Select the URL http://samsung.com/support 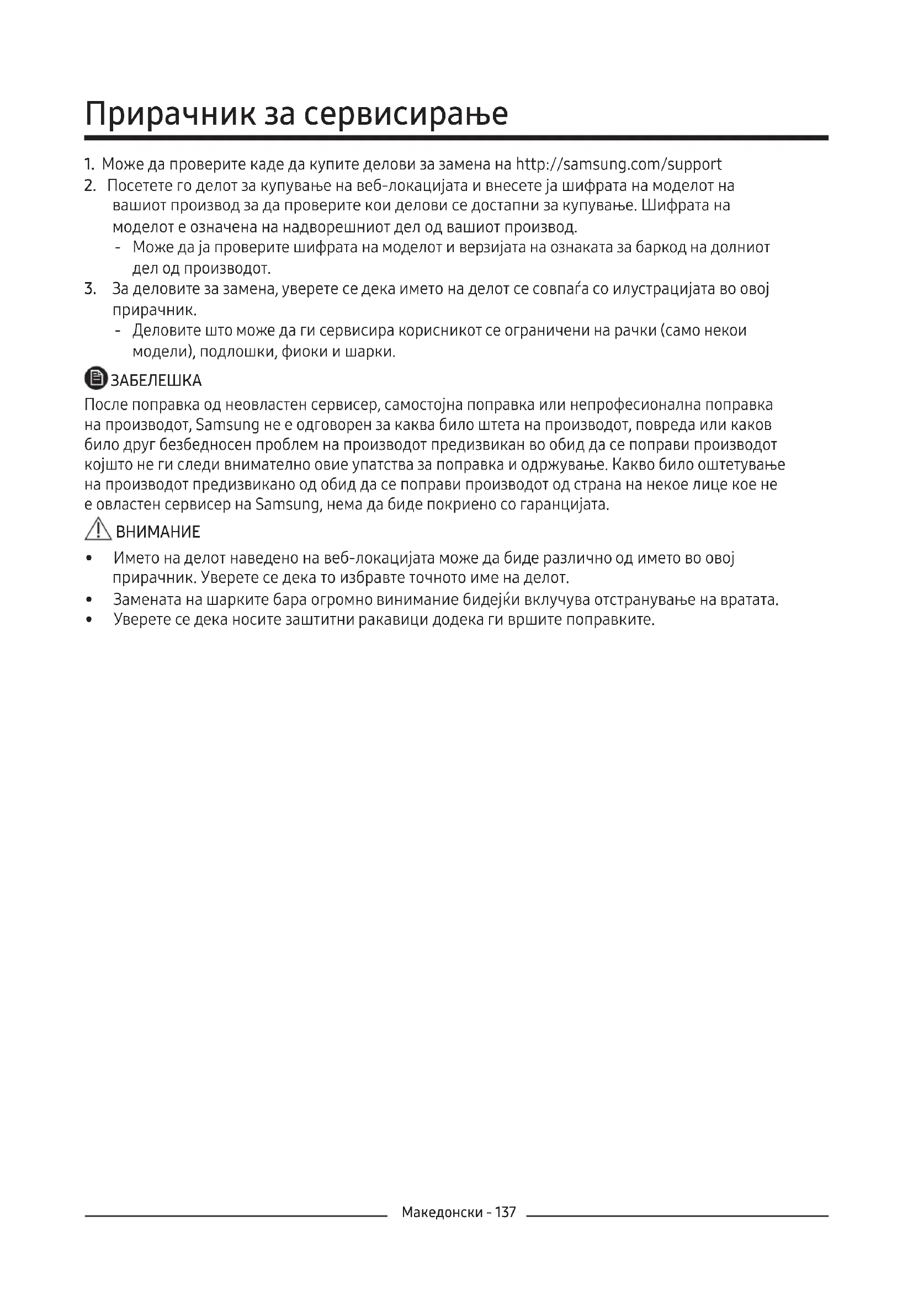[618, 164]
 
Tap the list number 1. [88, 164]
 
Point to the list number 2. [89, 185]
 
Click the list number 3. [89, 290]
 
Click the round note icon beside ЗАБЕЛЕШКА [95, 379]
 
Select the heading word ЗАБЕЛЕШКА [156, 381]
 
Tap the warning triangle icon [98, 530]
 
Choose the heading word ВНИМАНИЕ [157, 532]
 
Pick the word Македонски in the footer [442, 1228]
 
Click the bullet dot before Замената [88, 601]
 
